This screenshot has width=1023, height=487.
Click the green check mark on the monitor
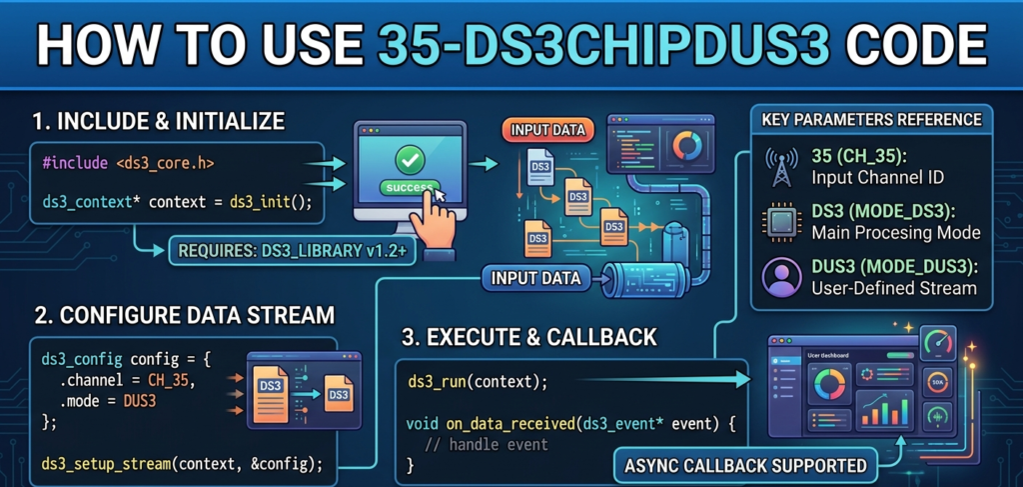pyautogui.click(x=409, y=158)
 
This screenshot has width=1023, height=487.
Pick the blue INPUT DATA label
pyautogui.click(x=533, y=277)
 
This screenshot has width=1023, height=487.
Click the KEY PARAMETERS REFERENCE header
pyautogui.click(x=871, y=120)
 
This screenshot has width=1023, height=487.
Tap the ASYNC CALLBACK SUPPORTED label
pyautogui.click(x=743, y=465)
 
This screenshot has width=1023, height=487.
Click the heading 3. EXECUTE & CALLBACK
pyautogui.click(x=529, y=337)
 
